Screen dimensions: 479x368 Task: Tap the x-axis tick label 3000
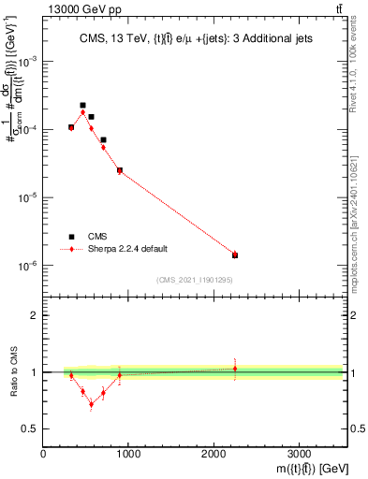click(x=299, y=454)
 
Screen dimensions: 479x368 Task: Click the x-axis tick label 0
click(x=43, y=454)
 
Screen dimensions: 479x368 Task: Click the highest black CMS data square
click(x=82, y=106)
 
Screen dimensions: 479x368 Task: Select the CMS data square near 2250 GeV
click(x=235, y=254)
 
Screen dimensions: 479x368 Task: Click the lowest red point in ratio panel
click(x=91, y=404)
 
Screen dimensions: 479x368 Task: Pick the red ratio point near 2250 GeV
click(x=235, y=369)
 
